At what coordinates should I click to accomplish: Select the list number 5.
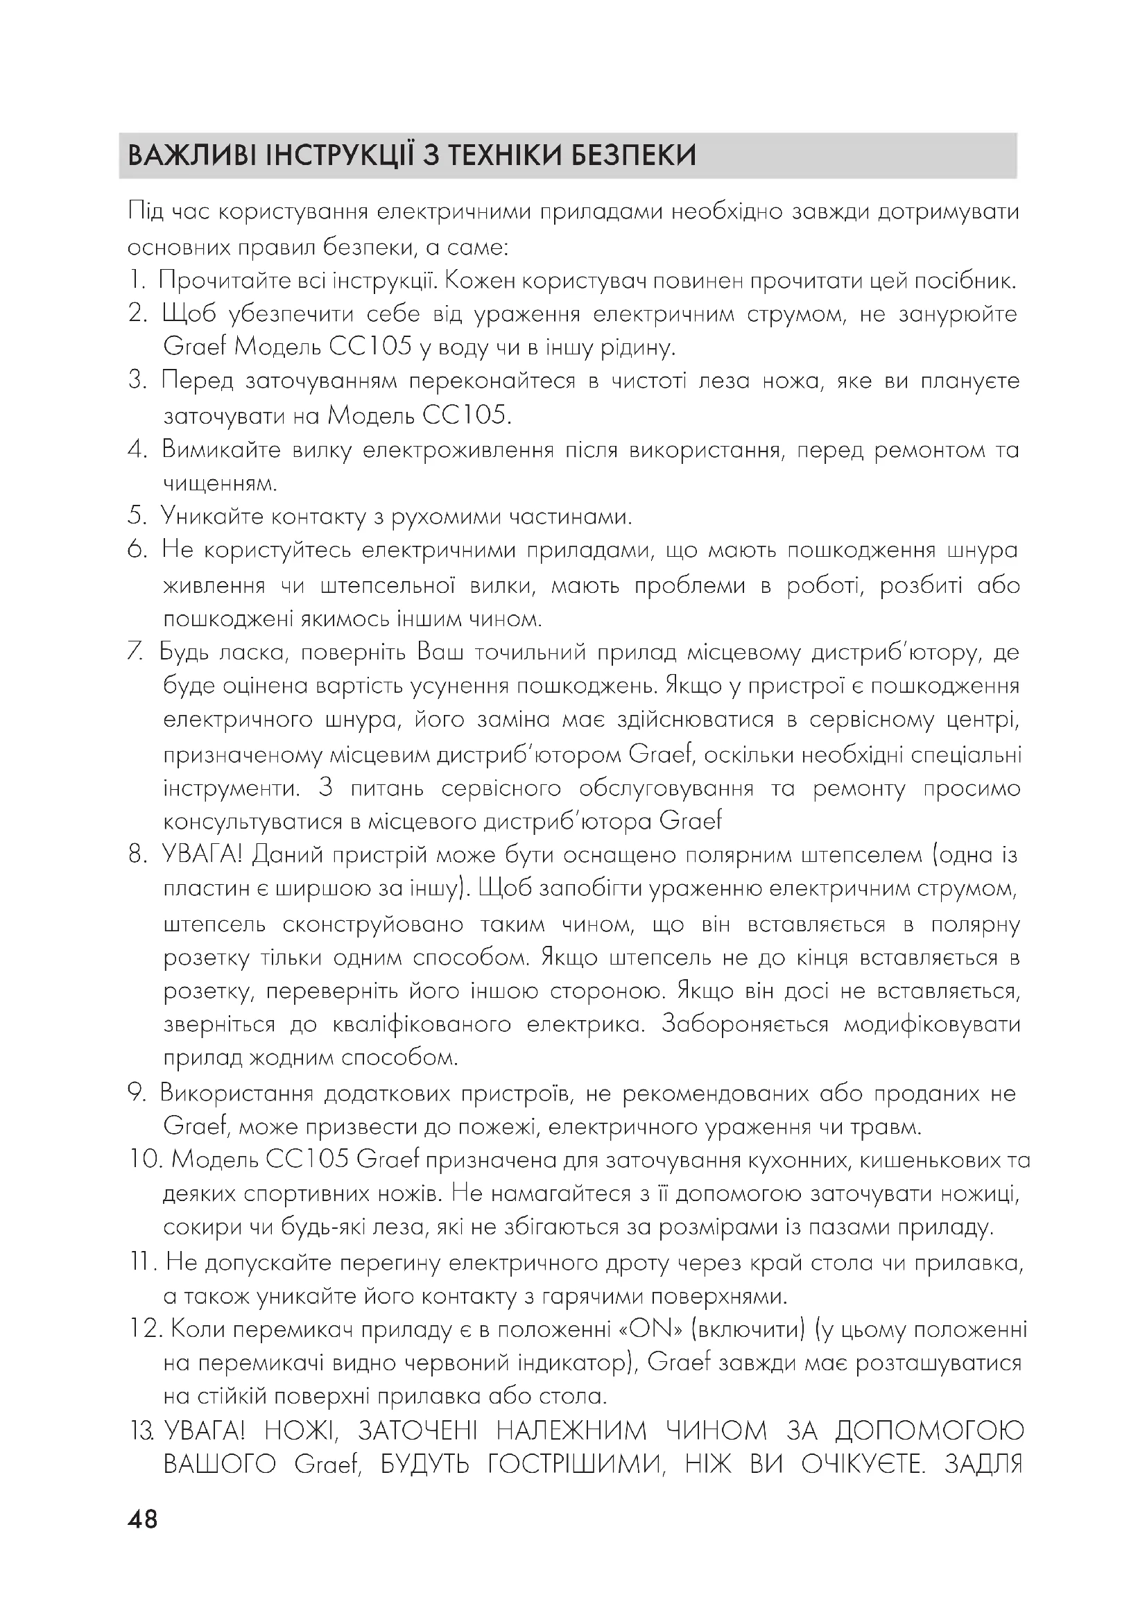pos(137,517)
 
